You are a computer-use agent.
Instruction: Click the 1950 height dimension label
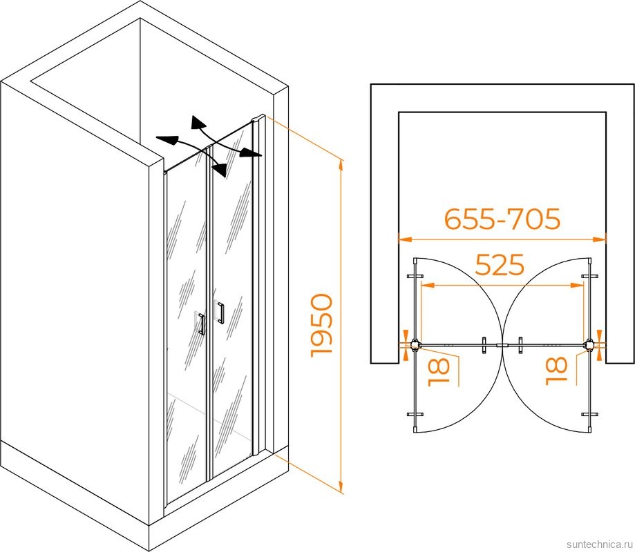coord(321,326)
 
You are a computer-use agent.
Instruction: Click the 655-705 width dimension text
coord(502,219)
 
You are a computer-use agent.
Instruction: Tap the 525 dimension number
coord(500,265)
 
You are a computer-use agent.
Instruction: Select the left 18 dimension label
coord(439,370)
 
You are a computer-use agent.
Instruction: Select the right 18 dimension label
coord(556,371)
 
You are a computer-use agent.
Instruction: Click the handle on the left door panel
coord(201,323)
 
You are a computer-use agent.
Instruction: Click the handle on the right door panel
coord(219,312)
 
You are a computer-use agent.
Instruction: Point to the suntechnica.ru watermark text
coord(598,544)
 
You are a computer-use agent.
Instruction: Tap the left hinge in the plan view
coord(415,345)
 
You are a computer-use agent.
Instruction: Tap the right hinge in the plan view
coord(589,345)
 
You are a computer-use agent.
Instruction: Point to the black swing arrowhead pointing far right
coord(250,153)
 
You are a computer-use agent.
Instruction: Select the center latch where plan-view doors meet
coord(502,346)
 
